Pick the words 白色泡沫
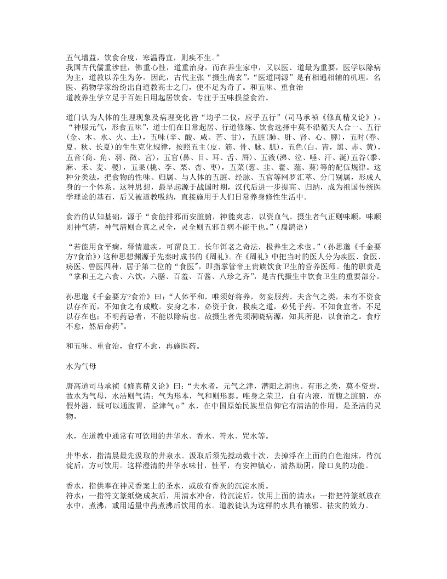tap(333, 456)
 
